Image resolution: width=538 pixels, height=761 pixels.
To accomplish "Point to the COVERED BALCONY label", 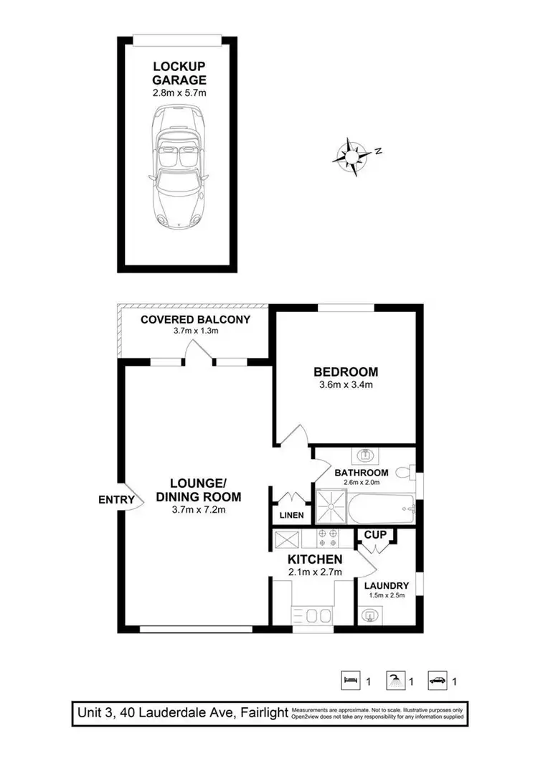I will [195, 319].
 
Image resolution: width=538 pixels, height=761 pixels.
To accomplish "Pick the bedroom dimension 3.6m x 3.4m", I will [345, 385].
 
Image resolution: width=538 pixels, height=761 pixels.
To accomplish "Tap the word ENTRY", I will [115, 499].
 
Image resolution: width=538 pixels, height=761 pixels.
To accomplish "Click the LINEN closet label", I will [291, 515].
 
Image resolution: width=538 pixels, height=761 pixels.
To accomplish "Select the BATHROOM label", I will [362, 473].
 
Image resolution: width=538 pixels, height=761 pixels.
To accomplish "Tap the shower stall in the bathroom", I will [331, 508].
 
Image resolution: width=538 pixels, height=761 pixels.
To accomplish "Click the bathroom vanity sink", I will [365, 455].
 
